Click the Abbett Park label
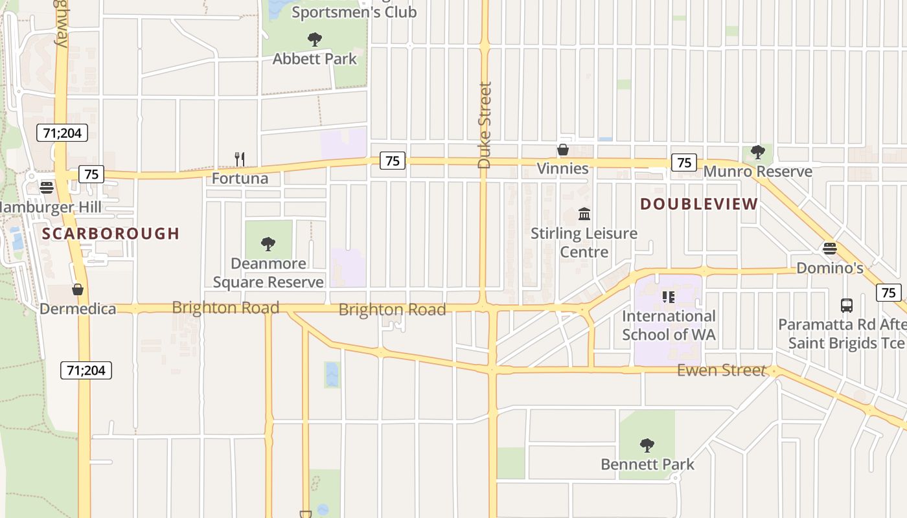[314, 59]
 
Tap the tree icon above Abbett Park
[315, 39]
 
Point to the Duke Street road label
[485, 124]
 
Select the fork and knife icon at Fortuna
[240, 159]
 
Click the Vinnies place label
[562, 169]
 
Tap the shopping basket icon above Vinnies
[563, 150]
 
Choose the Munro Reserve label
[757, 172]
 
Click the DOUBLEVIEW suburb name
[699, 204]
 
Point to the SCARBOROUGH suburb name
[111, 234]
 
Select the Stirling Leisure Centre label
[584, 242]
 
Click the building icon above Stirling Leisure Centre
[584, 214]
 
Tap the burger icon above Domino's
[829, 249]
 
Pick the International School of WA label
[669, 325]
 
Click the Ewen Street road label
[721, 370]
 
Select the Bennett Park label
[647, 464]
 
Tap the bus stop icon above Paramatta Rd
[846, 306]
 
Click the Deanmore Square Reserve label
[268, 273]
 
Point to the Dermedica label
[78, 309]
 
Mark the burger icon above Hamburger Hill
[46, 188]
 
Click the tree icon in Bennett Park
[647, 445]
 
